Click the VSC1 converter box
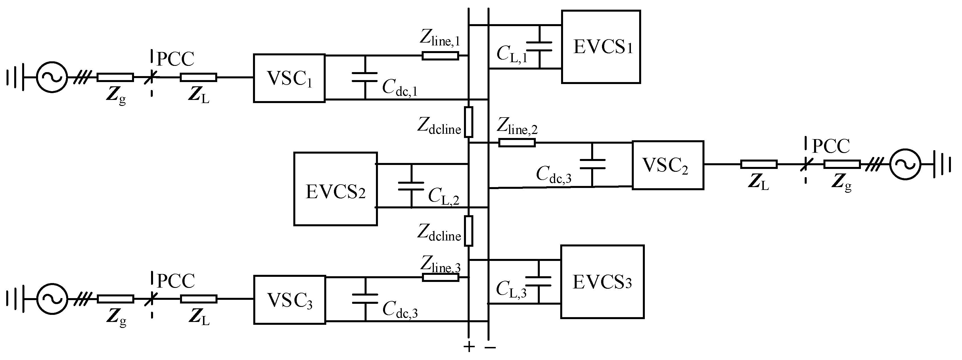pos(289,78)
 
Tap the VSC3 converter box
pos(289,300)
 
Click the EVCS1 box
pos(601,47)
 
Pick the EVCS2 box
pos(335,189)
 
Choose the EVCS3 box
pos(602,282)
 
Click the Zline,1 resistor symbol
pos(440,56)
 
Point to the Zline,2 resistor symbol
pos(517,143)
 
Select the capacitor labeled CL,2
pos(411,186)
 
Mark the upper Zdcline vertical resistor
pos(468,122)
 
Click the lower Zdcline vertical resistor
pos(468,231)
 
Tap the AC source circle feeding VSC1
pos(52,77)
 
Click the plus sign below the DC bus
pos(469,347)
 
